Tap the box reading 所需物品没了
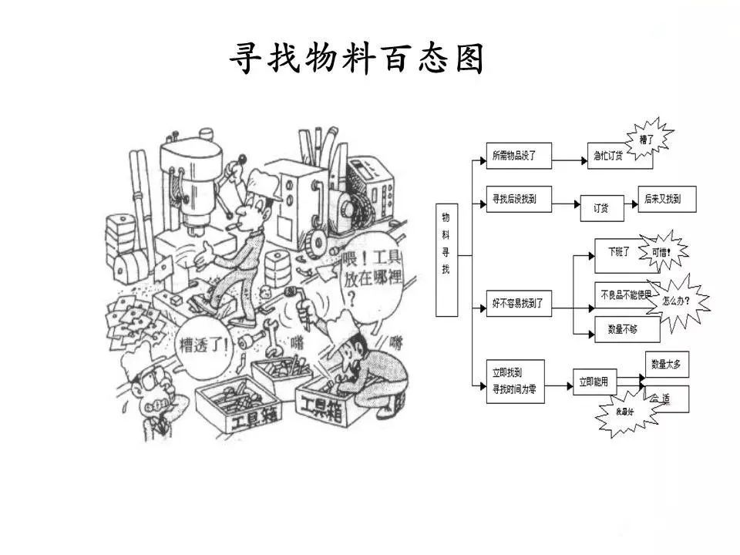pyautogui.click(x=514, y=156)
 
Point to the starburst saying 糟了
pyautogui.click(x=646, y=139)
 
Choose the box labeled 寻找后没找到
pyautogui.click(x=514, y=199)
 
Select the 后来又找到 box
pyautogui.click(x=667, y=199)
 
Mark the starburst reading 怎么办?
pyautogui.click(x=677, y=301)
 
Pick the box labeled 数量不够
pyautogui.click(x=622, y=329)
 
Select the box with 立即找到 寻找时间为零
pyautogui.click(x=514, y=381)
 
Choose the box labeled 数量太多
pyautogui.click(x=666, y=364)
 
